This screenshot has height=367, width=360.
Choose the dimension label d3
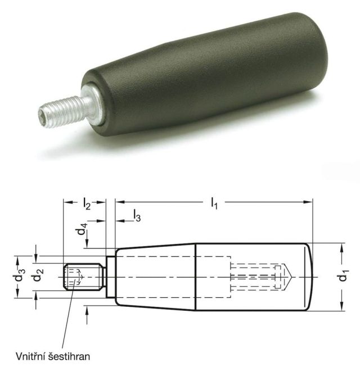click(20, 276)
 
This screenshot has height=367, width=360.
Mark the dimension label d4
click(83, 230)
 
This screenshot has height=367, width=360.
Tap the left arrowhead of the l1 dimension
click(118, 200)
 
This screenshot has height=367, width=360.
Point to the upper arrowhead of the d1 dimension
click(341, 247)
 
